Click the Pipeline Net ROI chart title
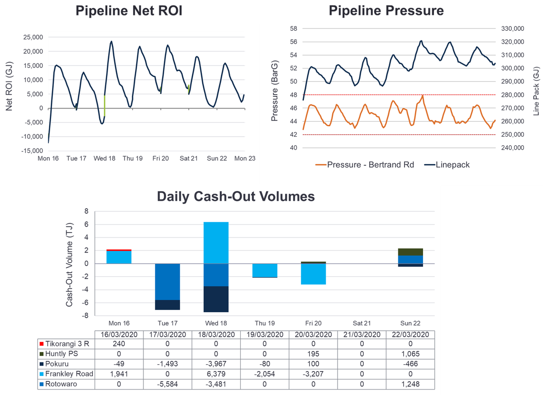pos(129,11)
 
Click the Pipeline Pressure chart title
pos(386,11)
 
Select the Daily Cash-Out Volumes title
pos(236,196)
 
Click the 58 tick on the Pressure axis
pos(293,29)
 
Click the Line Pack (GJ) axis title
pos(536,89)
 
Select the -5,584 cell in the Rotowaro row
pos(167,384)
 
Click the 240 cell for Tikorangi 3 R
pos(119,344)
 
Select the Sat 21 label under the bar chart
pos(362,323)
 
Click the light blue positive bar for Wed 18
pos(216,243)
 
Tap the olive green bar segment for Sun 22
pos(410,252)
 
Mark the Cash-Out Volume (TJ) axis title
pos(70,264)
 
